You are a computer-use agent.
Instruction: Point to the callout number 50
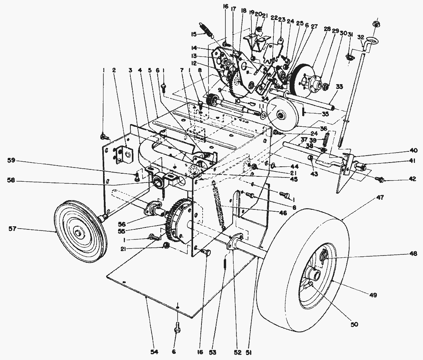point(354,324)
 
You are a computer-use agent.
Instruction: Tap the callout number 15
point(194,34)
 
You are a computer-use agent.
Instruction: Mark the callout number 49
point(373,295)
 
